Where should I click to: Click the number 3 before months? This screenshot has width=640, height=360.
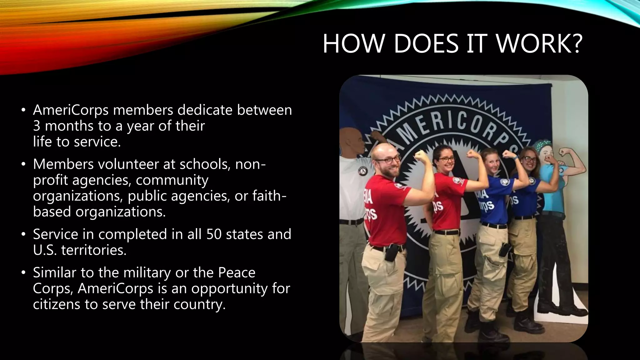(37, 126)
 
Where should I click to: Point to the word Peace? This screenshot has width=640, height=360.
(237, 272)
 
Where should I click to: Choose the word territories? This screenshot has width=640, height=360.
(94, 250)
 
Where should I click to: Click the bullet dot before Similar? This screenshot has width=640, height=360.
(23, 273)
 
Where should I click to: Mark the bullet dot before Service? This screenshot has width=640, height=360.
(23, 234)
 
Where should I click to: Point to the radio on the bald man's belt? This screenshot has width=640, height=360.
(390, 252)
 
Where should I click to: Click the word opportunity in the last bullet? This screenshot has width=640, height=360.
(229, 288)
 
